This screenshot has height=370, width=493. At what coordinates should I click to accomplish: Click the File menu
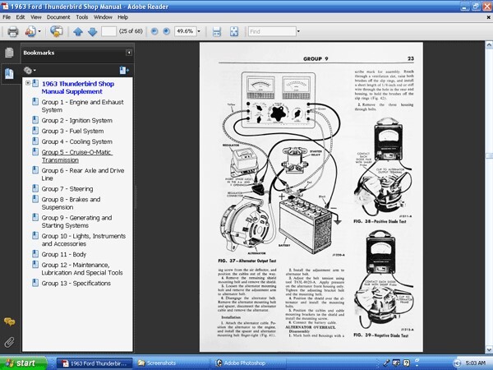(7, 16)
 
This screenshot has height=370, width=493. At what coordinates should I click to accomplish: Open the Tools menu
(81, 16)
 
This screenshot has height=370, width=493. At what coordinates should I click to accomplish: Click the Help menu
(122, 16)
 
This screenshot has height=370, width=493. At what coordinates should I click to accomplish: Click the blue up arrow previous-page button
(78, 32)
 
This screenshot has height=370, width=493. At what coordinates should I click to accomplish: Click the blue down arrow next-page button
(91, 32)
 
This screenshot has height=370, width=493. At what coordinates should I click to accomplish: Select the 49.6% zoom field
(185, 32)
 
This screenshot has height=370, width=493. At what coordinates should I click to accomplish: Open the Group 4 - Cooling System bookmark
(76, 141)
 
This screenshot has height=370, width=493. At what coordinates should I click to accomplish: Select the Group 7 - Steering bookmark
(67, 188)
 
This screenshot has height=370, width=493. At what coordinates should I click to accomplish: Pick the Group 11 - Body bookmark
(65, 255)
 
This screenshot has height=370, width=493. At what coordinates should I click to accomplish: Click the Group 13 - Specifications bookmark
(77, 283)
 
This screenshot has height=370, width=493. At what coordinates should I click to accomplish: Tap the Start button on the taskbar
(20, 363)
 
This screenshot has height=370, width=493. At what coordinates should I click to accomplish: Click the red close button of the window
(485, 5)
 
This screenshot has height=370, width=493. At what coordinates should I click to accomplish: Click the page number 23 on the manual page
(409, 58)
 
